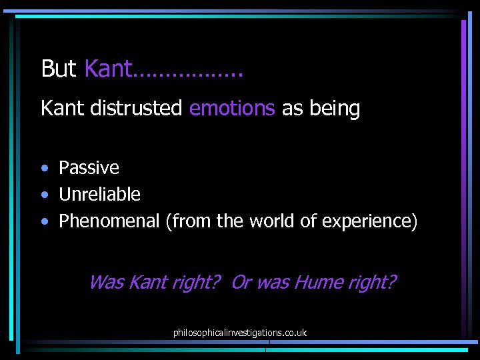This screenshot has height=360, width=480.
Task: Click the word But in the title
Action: pos(59,69)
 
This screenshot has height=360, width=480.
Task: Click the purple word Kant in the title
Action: pos(109,69)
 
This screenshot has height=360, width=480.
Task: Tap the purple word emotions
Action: pos(232,108)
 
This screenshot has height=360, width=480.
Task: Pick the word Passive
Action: pos(89,167)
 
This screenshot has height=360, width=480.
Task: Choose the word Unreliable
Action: pos(99,194)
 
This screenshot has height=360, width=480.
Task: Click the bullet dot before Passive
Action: pos(44,168)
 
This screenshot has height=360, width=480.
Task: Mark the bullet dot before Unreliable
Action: pos(44,195)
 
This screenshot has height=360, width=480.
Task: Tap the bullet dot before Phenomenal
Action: pos(44,221)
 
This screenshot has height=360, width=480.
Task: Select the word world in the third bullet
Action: pos(271,221)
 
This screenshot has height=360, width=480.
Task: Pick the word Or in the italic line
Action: pos(241,282)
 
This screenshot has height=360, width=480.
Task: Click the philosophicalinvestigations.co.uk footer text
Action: pos(240,332)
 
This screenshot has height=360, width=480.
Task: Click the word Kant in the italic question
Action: pos(148,282)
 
